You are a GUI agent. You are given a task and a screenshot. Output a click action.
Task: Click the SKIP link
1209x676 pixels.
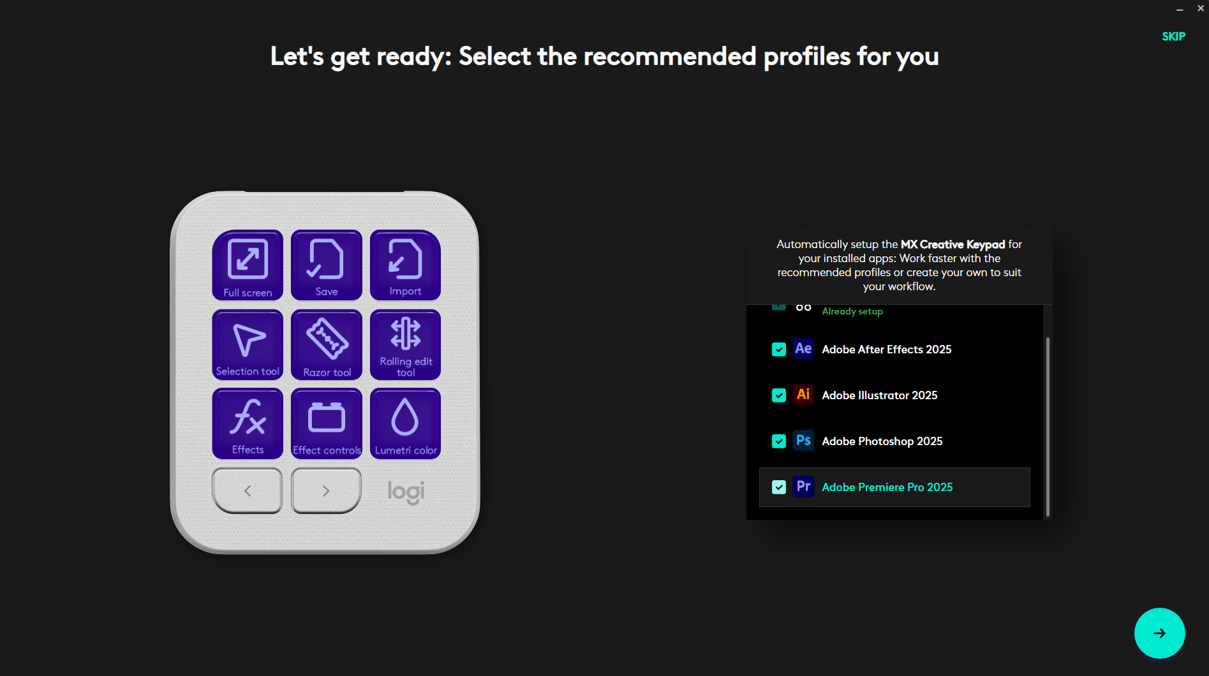(1173, 36)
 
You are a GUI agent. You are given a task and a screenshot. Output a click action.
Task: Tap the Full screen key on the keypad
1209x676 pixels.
(248, 265)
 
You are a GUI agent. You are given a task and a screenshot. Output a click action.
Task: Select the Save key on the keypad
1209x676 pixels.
(327, 265)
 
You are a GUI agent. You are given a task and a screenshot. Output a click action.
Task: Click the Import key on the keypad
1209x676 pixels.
(405, 265)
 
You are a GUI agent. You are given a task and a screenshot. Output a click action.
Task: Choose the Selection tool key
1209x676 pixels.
(248, 344)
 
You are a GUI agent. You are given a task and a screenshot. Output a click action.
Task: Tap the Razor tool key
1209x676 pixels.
(327, 344)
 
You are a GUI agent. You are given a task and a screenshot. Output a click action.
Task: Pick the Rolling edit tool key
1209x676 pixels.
(405, 344)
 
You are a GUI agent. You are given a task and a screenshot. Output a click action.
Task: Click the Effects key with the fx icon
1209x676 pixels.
(248, 423)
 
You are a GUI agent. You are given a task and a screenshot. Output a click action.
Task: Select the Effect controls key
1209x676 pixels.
(327, 423)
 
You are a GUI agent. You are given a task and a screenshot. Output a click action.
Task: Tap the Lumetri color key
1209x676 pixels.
(405, 423)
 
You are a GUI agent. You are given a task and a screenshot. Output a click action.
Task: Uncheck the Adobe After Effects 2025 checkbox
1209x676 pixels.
(779, 349)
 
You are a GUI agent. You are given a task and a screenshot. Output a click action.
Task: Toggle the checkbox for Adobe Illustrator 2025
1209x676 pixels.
(779, 395)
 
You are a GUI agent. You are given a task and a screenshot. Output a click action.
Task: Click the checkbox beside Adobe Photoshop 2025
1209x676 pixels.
(779, 441)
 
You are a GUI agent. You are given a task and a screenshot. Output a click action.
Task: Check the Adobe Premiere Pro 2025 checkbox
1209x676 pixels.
(779, 487)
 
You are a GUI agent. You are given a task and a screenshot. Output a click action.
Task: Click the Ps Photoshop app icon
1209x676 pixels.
(803, 441)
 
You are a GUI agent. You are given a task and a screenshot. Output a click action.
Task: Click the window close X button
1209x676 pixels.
(1201, 8)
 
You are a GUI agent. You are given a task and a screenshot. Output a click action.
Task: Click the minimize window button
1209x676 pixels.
(1180, 10)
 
